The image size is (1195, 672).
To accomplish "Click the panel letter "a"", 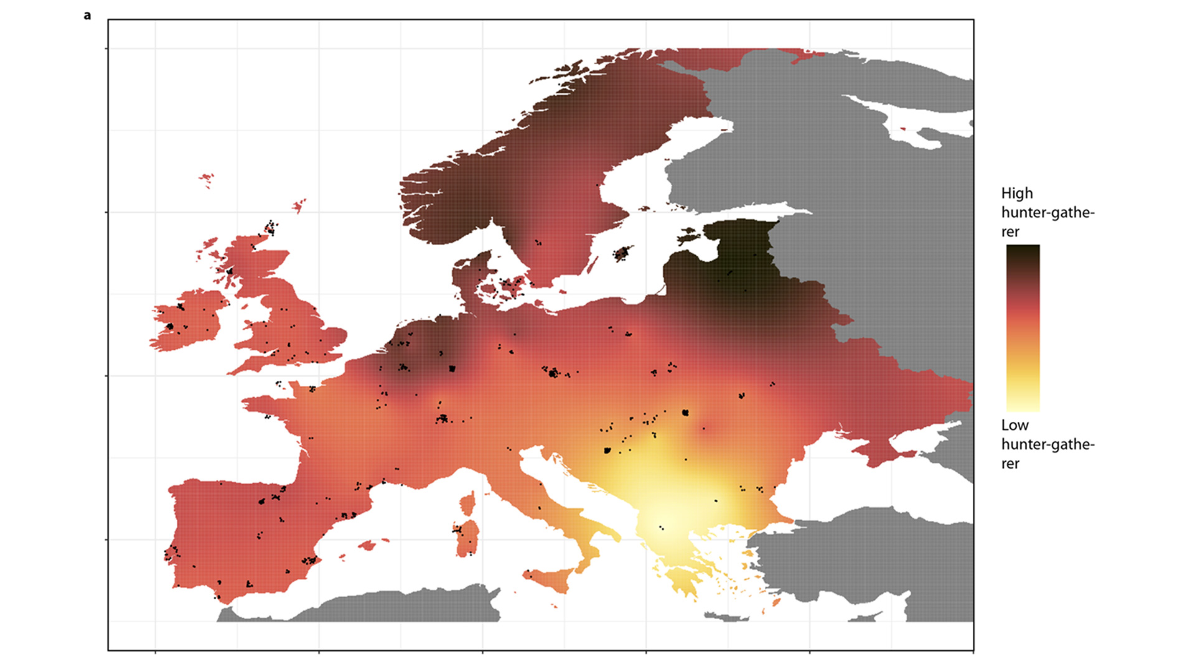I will coord(87,16).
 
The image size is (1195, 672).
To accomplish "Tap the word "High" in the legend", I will coord(1016,194).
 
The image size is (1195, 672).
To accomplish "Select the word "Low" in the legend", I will coord(1015,426).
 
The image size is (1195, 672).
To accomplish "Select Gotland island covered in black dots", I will coord(622,253).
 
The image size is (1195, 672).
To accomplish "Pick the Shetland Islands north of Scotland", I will coord(299,205).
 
